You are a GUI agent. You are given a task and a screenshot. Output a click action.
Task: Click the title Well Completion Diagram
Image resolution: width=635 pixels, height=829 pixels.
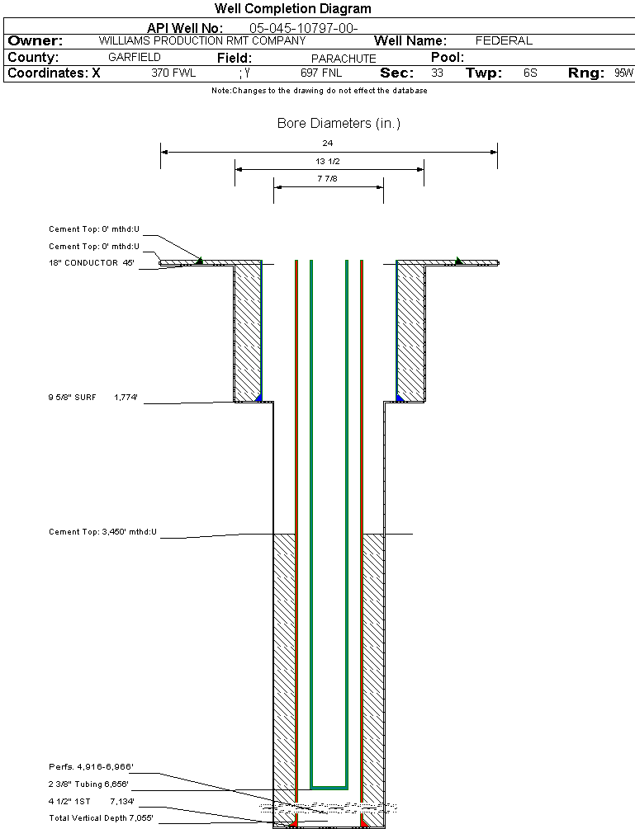point(292,9)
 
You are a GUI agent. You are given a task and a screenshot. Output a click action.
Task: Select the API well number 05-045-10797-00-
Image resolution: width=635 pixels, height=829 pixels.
point(303,29)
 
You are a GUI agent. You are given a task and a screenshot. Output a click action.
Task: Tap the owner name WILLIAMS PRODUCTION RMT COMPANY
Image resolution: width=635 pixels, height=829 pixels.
point(201,40)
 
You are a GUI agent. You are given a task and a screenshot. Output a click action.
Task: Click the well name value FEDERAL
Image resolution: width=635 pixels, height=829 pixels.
point(504,40)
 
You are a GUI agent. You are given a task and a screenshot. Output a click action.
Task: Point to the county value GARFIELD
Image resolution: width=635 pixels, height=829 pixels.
point(134,58)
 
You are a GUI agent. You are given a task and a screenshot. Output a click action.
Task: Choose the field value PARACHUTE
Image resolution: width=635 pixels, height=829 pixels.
point(344,59)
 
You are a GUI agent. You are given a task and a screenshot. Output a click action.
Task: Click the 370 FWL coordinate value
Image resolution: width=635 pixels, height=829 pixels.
point(173,73)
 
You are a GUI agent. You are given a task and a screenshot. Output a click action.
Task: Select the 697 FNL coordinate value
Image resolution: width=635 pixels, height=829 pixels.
point(321,73)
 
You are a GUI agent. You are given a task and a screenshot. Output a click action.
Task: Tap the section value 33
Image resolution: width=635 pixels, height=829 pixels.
point(437,73)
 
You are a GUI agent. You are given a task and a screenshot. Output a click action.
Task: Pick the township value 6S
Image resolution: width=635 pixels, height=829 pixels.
point(530,73)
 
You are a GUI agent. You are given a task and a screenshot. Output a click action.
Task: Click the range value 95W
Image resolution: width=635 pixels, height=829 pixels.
point(623,73)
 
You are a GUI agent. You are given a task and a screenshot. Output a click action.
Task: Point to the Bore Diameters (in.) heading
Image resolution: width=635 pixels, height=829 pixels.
point(339,124)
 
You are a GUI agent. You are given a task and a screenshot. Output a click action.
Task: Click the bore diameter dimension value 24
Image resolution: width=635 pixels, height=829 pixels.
point(328,144)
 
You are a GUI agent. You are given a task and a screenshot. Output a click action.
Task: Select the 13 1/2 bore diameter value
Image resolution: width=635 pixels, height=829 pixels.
point(328,161)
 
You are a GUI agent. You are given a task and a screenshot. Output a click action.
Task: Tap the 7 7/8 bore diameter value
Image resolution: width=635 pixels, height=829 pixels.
point(328,178)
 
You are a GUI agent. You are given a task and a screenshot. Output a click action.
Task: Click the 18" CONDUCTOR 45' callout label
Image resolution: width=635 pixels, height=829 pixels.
point(91,263)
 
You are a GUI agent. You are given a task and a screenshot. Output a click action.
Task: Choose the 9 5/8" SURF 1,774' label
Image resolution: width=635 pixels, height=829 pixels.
point(92,398)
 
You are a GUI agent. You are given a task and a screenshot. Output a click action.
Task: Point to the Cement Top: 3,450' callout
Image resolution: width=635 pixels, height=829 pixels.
point(102,532)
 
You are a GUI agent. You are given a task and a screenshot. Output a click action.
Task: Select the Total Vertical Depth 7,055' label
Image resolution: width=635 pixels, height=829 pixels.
point(101,817)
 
